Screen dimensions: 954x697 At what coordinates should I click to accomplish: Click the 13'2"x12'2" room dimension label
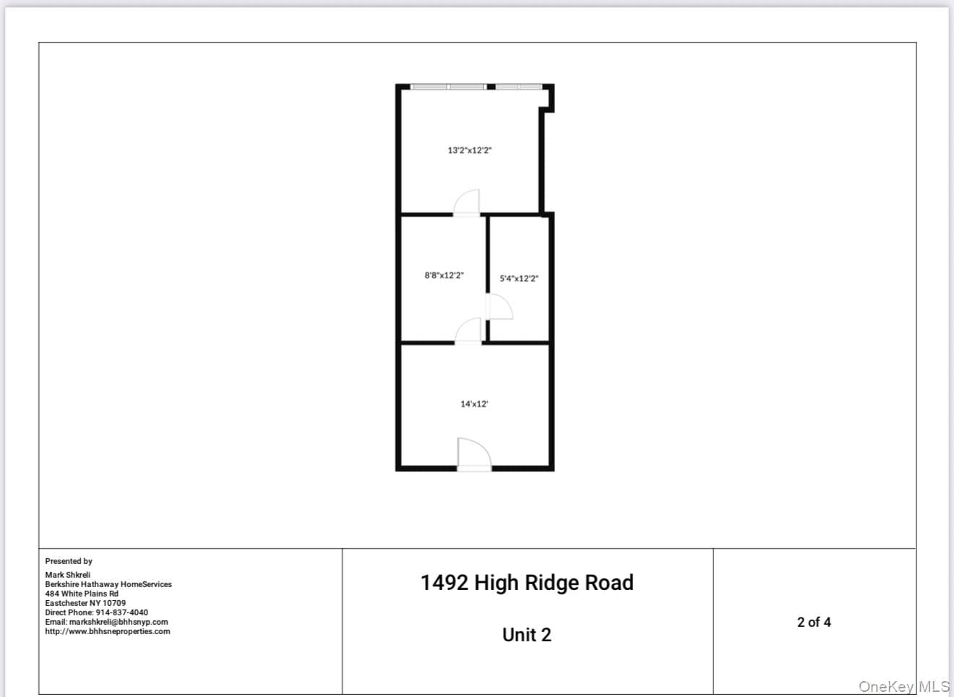coord(469,150)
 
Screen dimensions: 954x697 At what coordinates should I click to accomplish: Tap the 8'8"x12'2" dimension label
coord(444,275)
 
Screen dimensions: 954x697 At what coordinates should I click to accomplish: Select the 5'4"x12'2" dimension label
coord(519,278)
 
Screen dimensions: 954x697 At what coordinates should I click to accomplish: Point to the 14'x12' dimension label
coord(474,404)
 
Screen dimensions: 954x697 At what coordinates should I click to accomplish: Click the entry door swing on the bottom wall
coord(474,454)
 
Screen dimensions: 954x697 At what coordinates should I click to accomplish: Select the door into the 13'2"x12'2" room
coord(466,202)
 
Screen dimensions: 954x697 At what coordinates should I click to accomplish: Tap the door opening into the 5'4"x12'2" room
coord(499,307)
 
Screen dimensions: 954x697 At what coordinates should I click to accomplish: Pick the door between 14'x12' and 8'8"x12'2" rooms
coord(468,330)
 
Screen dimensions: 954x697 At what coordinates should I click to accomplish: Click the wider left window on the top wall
coord(449,87)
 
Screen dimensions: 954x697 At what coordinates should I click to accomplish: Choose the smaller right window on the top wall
coord(519,87)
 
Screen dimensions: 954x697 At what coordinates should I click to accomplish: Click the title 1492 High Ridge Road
coord(527,582)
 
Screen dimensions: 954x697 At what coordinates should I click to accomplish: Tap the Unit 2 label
coord(526,635)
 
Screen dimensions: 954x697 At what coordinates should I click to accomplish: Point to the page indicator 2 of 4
coord(814,622)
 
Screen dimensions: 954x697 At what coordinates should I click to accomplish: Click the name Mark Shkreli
coord(68,575)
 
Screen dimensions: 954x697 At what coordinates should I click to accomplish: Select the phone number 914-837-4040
coord(122,612)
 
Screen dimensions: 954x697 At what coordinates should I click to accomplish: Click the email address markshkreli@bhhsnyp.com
coord(119,622)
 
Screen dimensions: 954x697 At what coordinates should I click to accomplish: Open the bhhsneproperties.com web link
coord(107,631)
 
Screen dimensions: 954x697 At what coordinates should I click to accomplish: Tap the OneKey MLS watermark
coord(903,687)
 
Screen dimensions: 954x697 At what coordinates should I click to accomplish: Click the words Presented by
coord(69,561)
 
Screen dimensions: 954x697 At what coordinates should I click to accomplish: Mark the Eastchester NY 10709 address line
coord(85,603)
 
